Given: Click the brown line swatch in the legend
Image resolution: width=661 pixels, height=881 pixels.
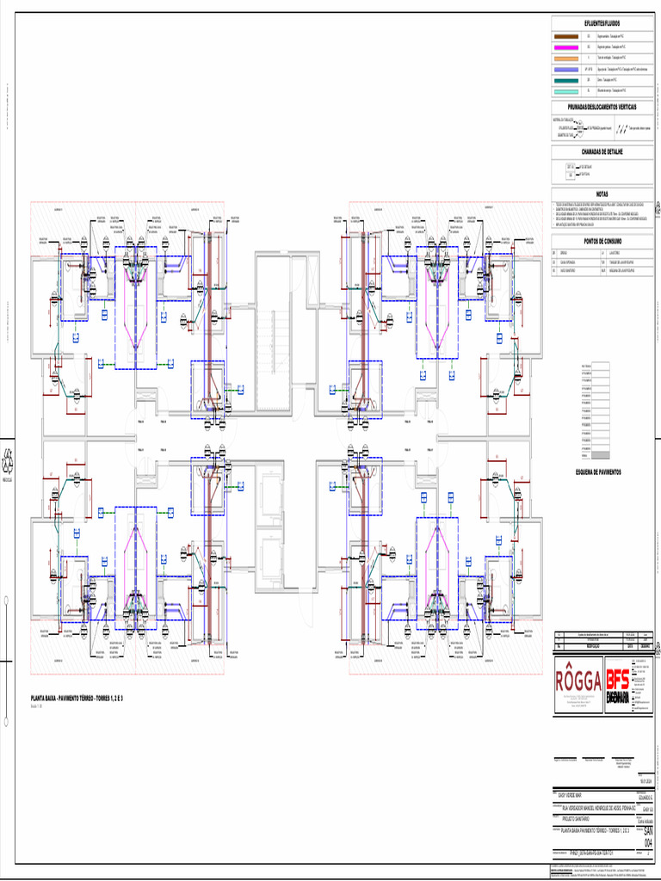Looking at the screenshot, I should pyautogui.click(x=566, y=38).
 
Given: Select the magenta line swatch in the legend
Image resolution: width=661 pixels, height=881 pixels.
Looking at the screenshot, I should pyautogui.click(x=566, y=48).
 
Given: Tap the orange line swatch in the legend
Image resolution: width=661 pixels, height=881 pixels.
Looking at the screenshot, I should pyautogui.click(x=566, y=59).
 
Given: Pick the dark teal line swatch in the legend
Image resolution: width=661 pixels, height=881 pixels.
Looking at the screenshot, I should pyautogui.click(x=566, y=79).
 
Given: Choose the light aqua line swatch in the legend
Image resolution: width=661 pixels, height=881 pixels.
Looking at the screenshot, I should pyautogui.click(x=566, y=89).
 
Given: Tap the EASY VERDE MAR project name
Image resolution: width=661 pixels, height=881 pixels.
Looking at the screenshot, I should pyautogui.click(x=571, y=797).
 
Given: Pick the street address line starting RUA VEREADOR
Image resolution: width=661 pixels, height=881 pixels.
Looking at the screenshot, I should pyautogui.click(x=594, y=809).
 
